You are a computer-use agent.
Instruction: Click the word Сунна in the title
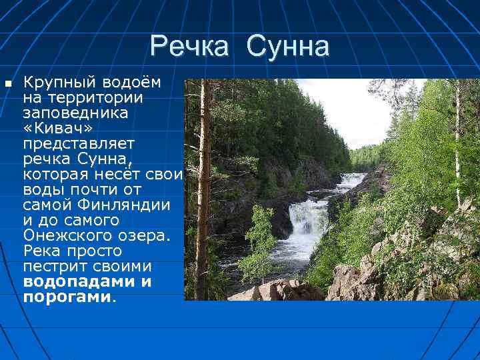pyautogui.click(x=287, y=47)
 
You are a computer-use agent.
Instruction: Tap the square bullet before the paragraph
pyautogui.click(x=7, y=84)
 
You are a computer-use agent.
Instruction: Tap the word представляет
pyautogui.click(x=79, y=143)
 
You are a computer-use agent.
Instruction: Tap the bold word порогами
pyautogui.click(x=66, y=297)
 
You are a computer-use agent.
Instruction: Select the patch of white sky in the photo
pyautogui.click(x=340, y=107)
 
